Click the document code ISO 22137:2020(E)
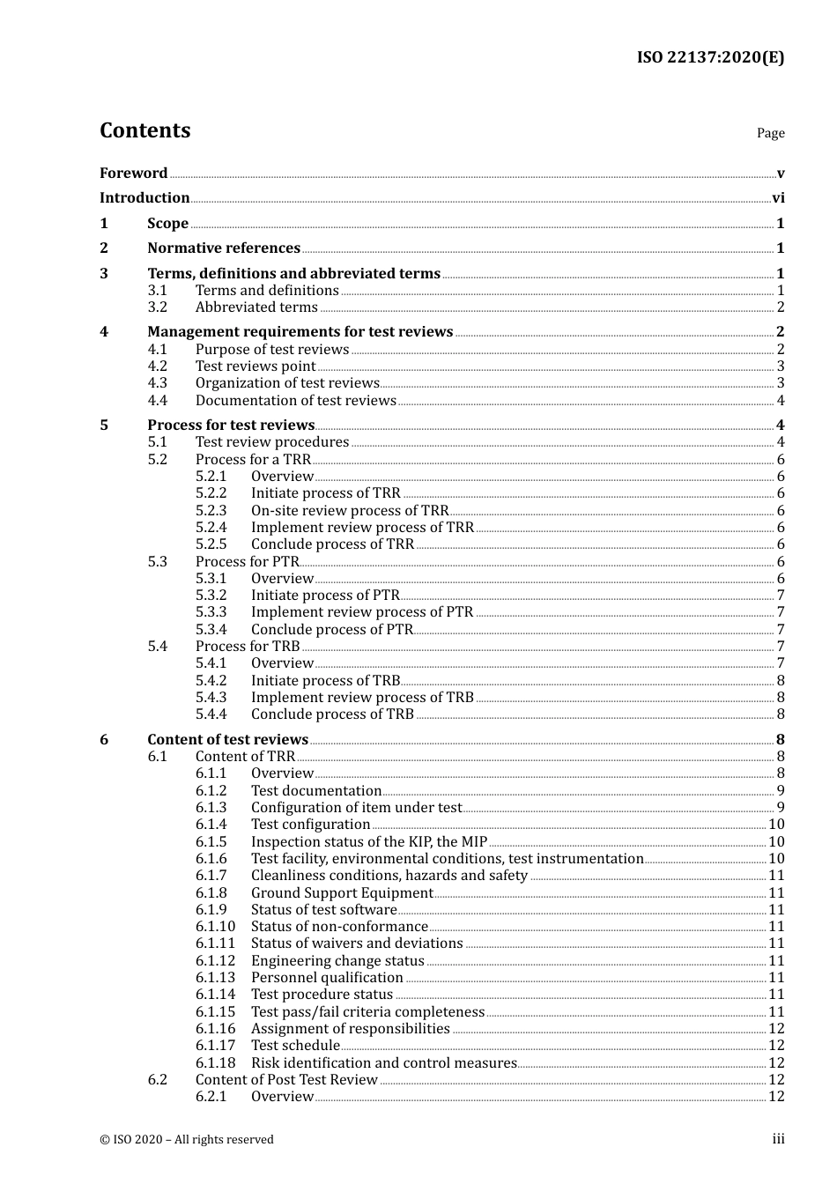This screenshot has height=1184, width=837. tap(710, 58)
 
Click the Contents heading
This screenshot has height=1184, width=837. tap(144, 130)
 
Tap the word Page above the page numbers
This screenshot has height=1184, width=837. tap(770, 133)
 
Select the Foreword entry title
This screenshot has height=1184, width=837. tap(133, 173)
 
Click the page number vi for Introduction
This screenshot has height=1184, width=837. tap(778, 198)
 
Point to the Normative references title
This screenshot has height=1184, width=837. tap(224, 248)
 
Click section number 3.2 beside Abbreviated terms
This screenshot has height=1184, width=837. tap(157, 307)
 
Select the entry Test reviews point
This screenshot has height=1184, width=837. tap(255, 366)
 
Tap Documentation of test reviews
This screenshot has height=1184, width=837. tap(295, 401)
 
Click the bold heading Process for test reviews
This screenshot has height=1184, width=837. tap(231, 425)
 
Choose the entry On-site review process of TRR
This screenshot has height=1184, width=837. tap(349, 511)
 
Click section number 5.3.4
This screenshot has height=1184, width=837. tap(211, 630)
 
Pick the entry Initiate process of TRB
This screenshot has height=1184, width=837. tap(325, 681)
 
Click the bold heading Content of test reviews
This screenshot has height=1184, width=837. tap(227, 740)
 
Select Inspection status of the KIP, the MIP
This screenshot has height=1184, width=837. tap(368, 842)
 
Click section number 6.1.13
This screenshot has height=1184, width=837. tap(215, 978)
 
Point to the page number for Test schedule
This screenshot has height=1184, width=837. tap(776, 1046)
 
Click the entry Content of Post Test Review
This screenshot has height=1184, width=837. tap(286, 1080)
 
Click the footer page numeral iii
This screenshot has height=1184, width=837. tap(778, 1139)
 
